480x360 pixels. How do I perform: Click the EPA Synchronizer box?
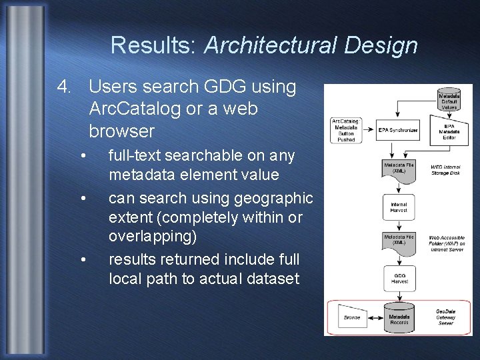point(398,129)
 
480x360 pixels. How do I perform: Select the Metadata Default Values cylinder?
point(449,100)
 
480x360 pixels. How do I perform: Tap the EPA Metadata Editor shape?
point(449,132)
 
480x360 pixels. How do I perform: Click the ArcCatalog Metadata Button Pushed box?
point(347,130)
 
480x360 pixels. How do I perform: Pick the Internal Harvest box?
point(399,206)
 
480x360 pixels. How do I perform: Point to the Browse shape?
point(352,317)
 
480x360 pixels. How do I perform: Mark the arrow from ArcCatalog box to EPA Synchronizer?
point(369,129)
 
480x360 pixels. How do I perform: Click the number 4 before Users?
point(63,86)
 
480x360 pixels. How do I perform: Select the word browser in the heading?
point(121,131)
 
